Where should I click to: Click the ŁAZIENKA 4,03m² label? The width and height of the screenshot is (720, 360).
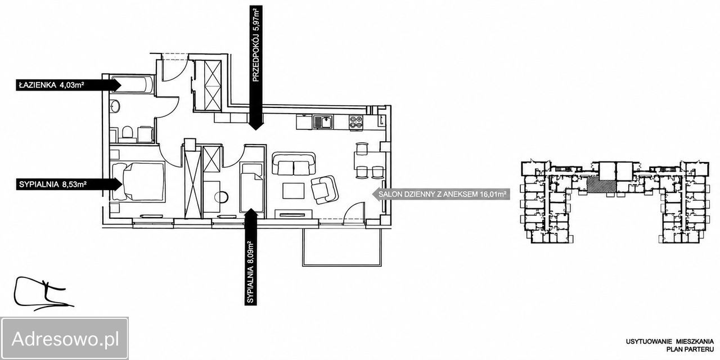(51, 85)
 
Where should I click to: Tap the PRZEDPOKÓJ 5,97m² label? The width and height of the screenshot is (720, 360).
(256, 46)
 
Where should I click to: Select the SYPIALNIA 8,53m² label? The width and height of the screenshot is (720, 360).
(53, 184)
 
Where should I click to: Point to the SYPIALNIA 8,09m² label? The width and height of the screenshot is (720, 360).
(251, 273)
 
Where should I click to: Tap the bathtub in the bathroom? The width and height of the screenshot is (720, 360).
(132, 84)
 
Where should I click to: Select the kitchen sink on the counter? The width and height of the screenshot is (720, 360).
(323, 123)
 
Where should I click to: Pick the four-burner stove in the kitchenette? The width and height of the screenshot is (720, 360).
(356, 123)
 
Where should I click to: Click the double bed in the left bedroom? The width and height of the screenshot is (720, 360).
(138, 182)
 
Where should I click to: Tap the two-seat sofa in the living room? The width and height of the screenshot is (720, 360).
(294, 164)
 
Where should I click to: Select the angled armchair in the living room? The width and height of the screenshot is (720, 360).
(325, 190)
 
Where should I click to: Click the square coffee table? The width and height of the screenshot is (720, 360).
(294, 191)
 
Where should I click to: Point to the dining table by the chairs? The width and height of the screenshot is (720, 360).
(370, 160)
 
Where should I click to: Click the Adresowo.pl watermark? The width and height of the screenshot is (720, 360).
(65, 339)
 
